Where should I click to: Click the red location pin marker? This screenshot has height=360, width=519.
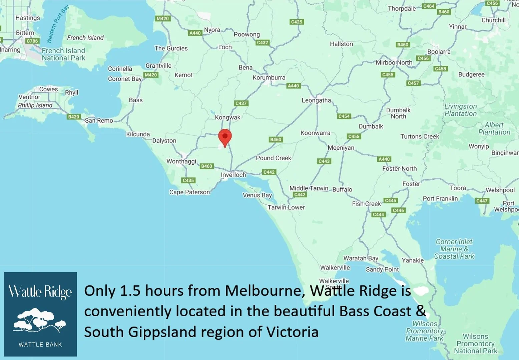[x=225, y=137]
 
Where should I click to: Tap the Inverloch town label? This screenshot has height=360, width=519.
[x=233, y=175]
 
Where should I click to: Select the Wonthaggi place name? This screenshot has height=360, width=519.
[x=181, y=161]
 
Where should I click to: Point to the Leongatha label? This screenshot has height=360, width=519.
[x=316, y=100]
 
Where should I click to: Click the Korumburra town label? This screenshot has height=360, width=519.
[x=269, y=78]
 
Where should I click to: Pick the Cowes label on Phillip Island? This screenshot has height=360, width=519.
[x=48, y=89]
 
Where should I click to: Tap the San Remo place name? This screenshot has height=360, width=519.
[x=99, y=120]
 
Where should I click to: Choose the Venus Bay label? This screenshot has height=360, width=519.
[x=257, y=195]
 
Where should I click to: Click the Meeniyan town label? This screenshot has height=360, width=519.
[x=341, y=148]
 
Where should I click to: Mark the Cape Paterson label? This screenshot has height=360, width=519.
[x=189, y=192]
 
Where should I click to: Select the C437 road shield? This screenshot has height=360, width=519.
[x=241, y=103]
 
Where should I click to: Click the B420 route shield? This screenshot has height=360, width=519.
[x=73, y=117]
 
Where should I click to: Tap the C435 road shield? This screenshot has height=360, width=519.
[x=188, y=180]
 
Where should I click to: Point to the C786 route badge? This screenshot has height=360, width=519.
[x=32, y=41]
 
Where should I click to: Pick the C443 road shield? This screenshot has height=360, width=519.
[x=324, y=161]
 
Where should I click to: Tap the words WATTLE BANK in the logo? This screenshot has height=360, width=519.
[x=40, y=345]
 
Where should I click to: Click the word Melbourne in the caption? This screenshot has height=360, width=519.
[x=265, y=291]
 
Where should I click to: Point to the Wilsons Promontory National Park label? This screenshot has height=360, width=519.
[x=475, y=344]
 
